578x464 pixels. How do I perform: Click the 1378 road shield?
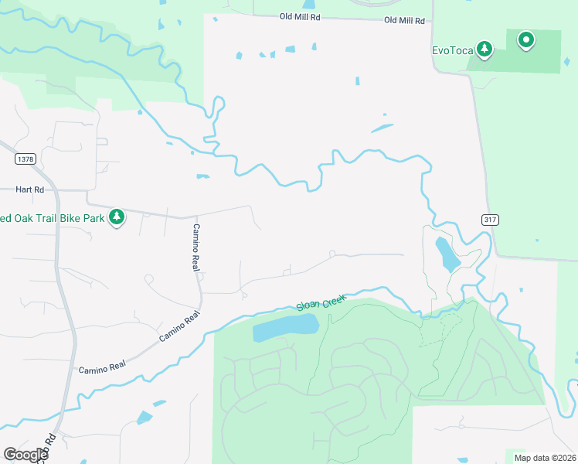click(25, 159)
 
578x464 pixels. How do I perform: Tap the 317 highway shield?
click(489, 220)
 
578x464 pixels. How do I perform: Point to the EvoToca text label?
click(451, 51)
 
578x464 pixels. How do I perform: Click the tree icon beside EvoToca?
click(484, 50)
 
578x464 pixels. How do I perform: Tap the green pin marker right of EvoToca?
click(526, 39)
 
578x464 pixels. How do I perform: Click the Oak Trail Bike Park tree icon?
click(117, 217)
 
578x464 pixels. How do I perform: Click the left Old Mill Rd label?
click(299, 15)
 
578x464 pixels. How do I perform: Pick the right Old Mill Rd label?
click(405, 20)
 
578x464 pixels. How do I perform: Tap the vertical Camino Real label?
click(196, 247)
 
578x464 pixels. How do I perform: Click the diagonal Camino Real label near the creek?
click(179, 326)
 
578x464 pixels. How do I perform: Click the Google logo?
click(25, 454)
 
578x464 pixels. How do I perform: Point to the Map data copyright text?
click(545, 457)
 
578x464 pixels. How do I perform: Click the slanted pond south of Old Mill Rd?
click(382, 128)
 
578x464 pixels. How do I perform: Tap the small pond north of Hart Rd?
click(203, 176)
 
